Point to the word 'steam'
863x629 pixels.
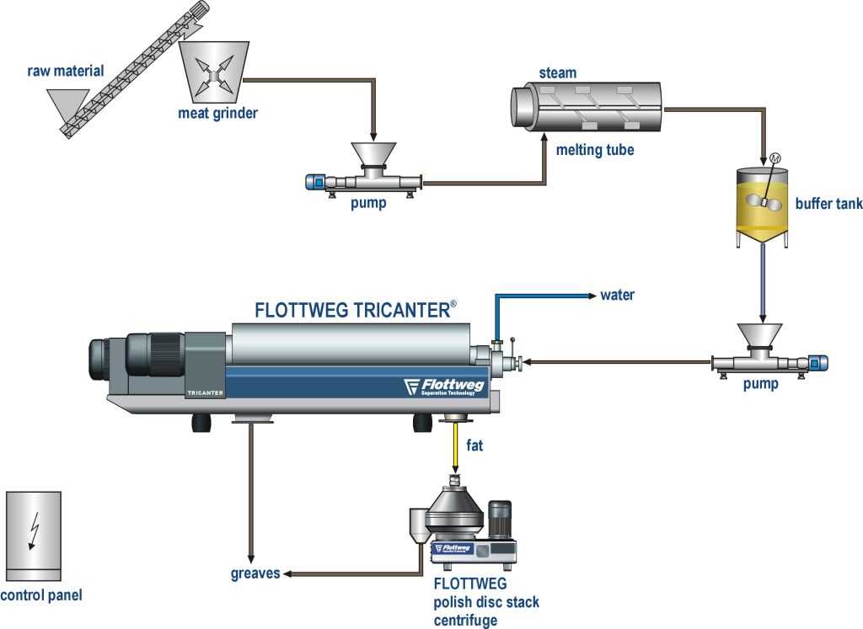(557, 73)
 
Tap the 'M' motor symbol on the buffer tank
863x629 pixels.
(774, 158)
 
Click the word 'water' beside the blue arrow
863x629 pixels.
(617, 295)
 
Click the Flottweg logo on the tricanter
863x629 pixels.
(437, 386)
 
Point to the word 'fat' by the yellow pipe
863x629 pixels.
(474, 445)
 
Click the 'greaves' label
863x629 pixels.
(255, 575)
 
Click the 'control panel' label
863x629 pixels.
(41, 597)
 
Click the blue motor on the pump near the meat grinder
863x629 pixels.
(319, 181)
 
